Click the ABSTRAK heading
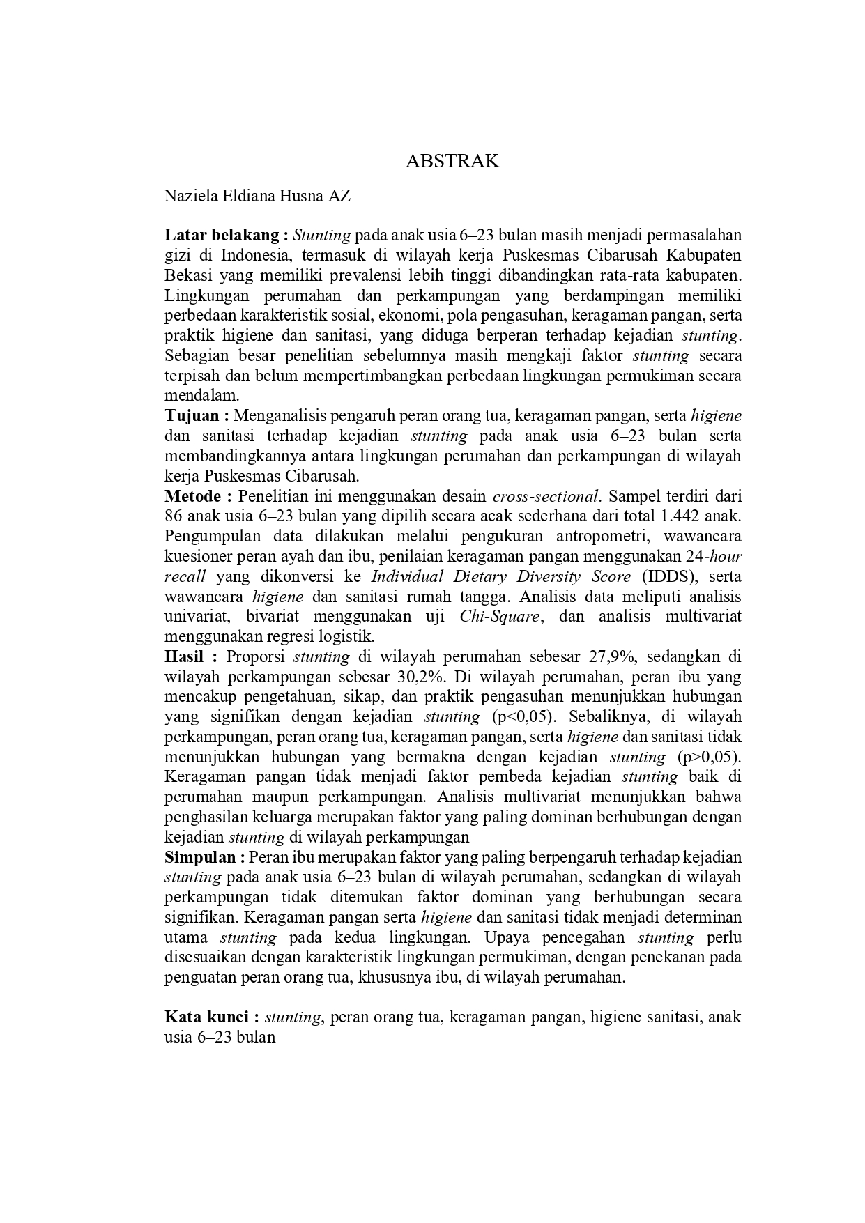click(x=452, y=161)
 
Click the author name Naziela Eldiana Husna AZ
click(x=257, y=196)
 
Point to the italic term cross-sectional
click(x=544, y=497)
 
